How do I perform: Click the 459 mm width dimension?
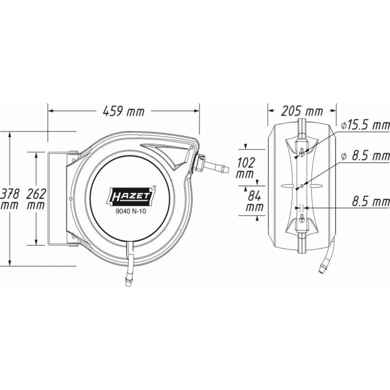coord(124,111)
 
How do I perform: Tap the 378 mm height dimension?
coord(9,199)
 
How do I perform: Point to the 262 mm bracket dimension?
coord(36,199)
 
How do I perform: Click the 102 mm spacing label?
coord(245,168)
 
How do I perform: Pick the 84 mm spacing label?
coord(254,201)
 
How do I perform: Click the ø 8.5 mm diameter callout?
coord(366,156)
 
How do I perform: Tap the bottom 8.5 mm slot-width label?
coord(370,201)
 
